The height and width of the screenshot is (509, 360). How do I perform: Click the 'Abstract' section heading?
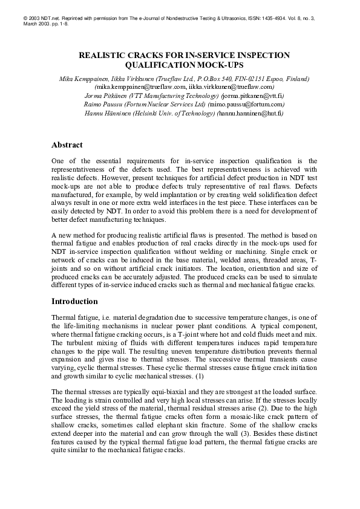click(71, 145)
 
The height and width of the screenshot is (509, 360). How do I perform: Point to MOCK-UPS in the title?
click(213, 64)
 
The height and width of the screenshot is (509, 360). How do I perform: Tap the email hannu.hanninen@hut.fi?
click(250, 112)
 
